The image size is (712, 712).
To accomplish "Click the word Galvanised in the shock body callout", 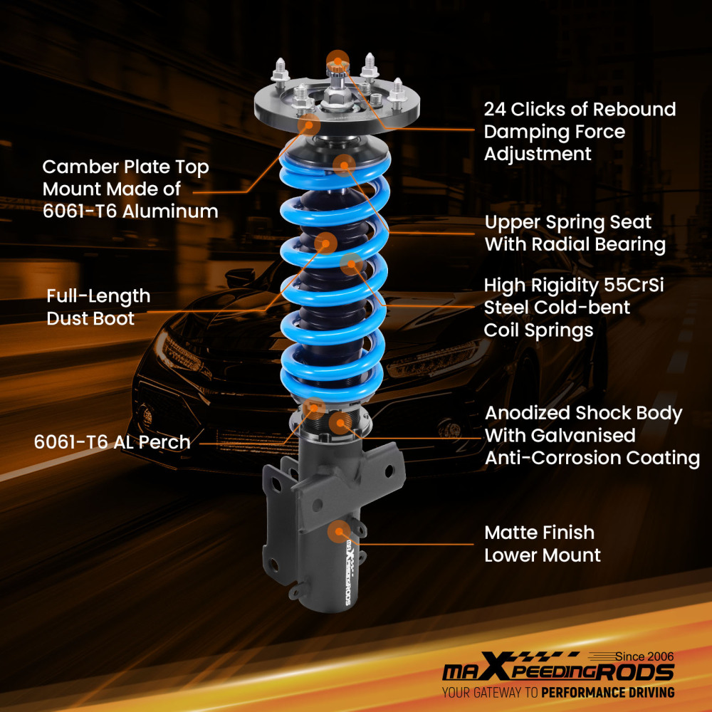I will click(x=560, y=435).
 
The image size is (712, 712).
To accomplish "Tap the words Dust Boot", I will click(x=90, y=318).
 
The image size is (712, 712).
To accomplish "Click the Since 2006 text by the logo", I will click(x=644, y=656).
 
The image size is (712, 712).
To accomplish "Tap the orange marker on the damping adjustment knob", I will click(x=337, y=61).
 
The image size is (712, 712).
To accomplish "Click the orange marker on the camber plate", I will click(x=309, y=125).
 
